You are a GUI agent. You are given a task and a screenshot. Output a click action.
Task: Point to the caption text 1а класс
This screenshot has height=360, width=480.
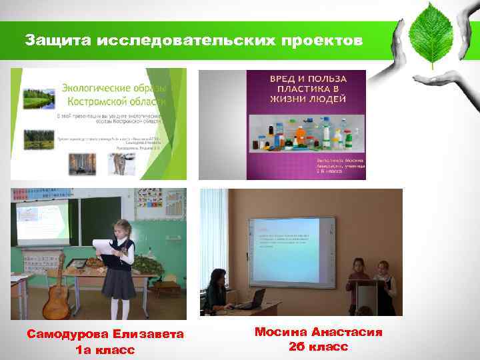[105, 349]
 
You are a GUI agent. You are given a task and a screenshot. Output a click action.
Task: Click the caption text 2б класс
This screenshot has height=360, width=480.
[318, 347]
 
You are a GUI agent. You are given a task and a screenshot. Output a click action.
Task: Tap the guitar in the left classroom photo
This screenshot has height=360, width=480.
[56, 293]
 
